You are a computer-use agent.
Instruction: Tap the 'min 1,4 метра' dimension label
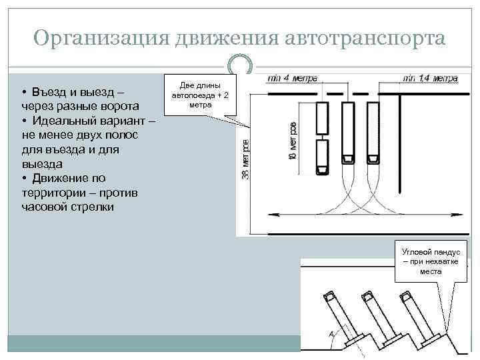point(430,78)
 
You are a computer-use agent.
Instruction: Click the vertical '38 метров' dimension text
point(245,158)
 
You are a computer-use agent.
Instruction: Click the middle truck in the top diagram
point(347,134)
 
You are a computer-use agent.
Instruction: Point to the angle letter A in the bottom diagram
point(331,334)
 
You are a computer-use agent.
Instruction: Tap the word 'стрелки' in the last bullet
point(93,207)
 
